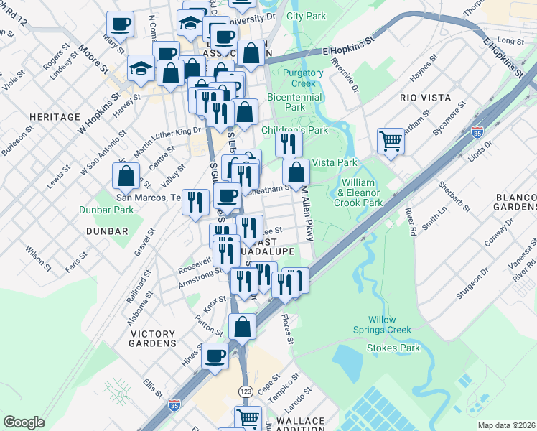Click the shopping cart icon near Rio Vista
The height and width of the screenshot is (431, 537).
[391, 142]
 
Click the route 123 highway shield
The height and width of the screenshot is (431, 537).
[246, 390]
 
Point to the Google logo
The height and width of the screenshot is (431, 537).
[24, 422]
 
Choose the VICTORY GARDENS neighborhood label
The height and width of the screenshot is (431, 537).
[153, 338]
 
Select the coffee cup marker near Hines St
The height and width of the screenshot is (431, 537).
[215, 356]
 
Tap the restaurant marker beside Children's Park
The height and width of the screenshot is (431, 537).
[289, 144]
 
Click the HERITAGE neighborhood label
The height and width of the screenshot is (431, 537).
[55, 116]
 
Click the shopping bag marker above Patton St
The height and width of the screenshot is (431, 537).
[242, 327]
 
